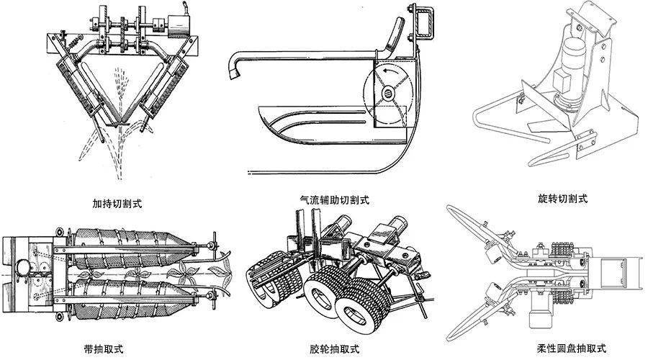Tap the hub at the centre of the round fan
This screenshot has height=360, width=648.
pos(387,93)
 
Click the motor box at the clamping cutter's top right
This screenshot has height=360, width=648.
pos(176,26)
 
